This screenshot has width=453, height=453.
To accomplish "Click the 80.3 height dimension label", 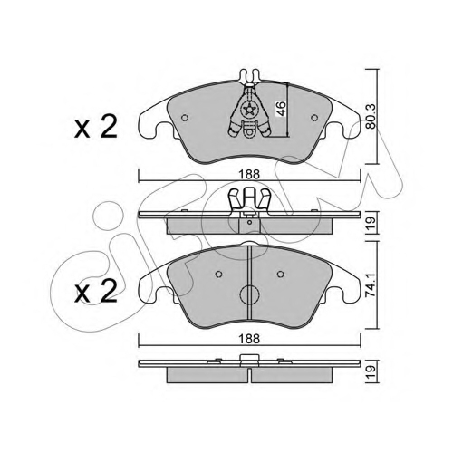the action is [x=371, y=116].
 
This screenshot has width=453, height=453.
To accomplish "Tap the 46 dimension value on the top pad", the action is [x=281, y=109].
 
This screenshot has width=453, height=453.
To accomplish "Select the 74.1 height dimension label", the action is [x=371, y=285].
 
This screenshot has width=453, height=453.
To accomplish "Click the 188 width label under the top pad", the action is [x=249, y=175].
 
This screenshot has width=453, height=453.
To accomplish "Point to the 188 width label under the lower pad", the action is [x=249, y=339].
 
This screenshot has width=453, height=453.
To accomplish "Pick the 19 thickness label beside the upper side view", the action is [x=371, y=223].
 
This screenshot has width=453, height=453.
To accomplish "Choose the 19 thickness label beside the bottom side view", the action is [x=371, y=371].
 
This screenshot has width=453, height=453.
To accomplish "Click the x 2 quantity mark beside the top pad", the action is [x=95, y=127].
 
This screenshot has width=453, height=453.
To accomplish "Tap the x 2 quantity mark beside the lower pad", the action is [x=95, y=291].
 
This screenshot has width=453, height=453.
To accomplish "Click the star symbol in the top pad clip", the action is [x=250, y=109].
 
